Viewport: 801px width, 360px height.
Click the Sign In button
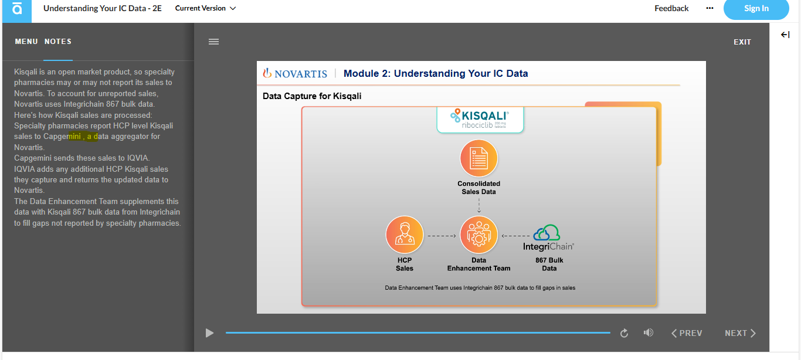click(x=756, y=9)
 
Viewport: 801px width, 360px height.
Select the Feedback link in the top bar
click(x=671, y=8)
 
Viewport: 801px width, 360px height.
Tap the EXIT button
click(x=742, y=42)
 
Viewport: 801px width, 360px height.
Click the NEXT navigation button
click(x=740, y=333)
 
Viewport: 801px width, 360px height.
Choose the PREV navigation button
click(x=687, y=333)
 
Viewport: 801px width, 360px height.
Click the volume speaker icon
click(x=649, y=333)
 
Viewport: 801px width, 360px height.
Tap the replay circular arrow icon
click(x=624, y=333)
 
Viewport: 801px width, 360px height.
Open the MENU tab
click(x=26, y=42)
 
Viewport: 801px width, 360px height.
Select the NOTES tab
click(x=58, y=42)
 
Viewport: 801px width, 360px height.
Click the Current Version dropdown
click(x=205, y=8)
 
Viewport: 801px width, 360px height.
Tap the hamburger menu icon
click(x=213, y=42)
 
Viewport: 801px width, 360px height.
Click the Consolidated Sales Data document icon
click(x=479, y=158)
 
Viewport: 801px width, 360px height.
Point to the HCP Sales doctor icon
click(x=405, y=235)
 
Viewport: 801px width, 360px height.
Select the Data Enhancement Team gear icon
click(x=479, y=235)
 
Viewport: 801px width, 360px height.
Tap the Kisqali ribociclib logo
click(x=480, y=119)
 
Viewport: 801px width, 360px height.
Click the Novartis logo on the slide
click(x=295, y=73)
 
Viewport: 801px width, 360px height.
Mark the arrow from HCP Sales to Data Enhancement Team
click(x=442, y=236)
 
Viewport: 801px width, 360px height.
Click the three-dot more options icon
click(x=710, y=8)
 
